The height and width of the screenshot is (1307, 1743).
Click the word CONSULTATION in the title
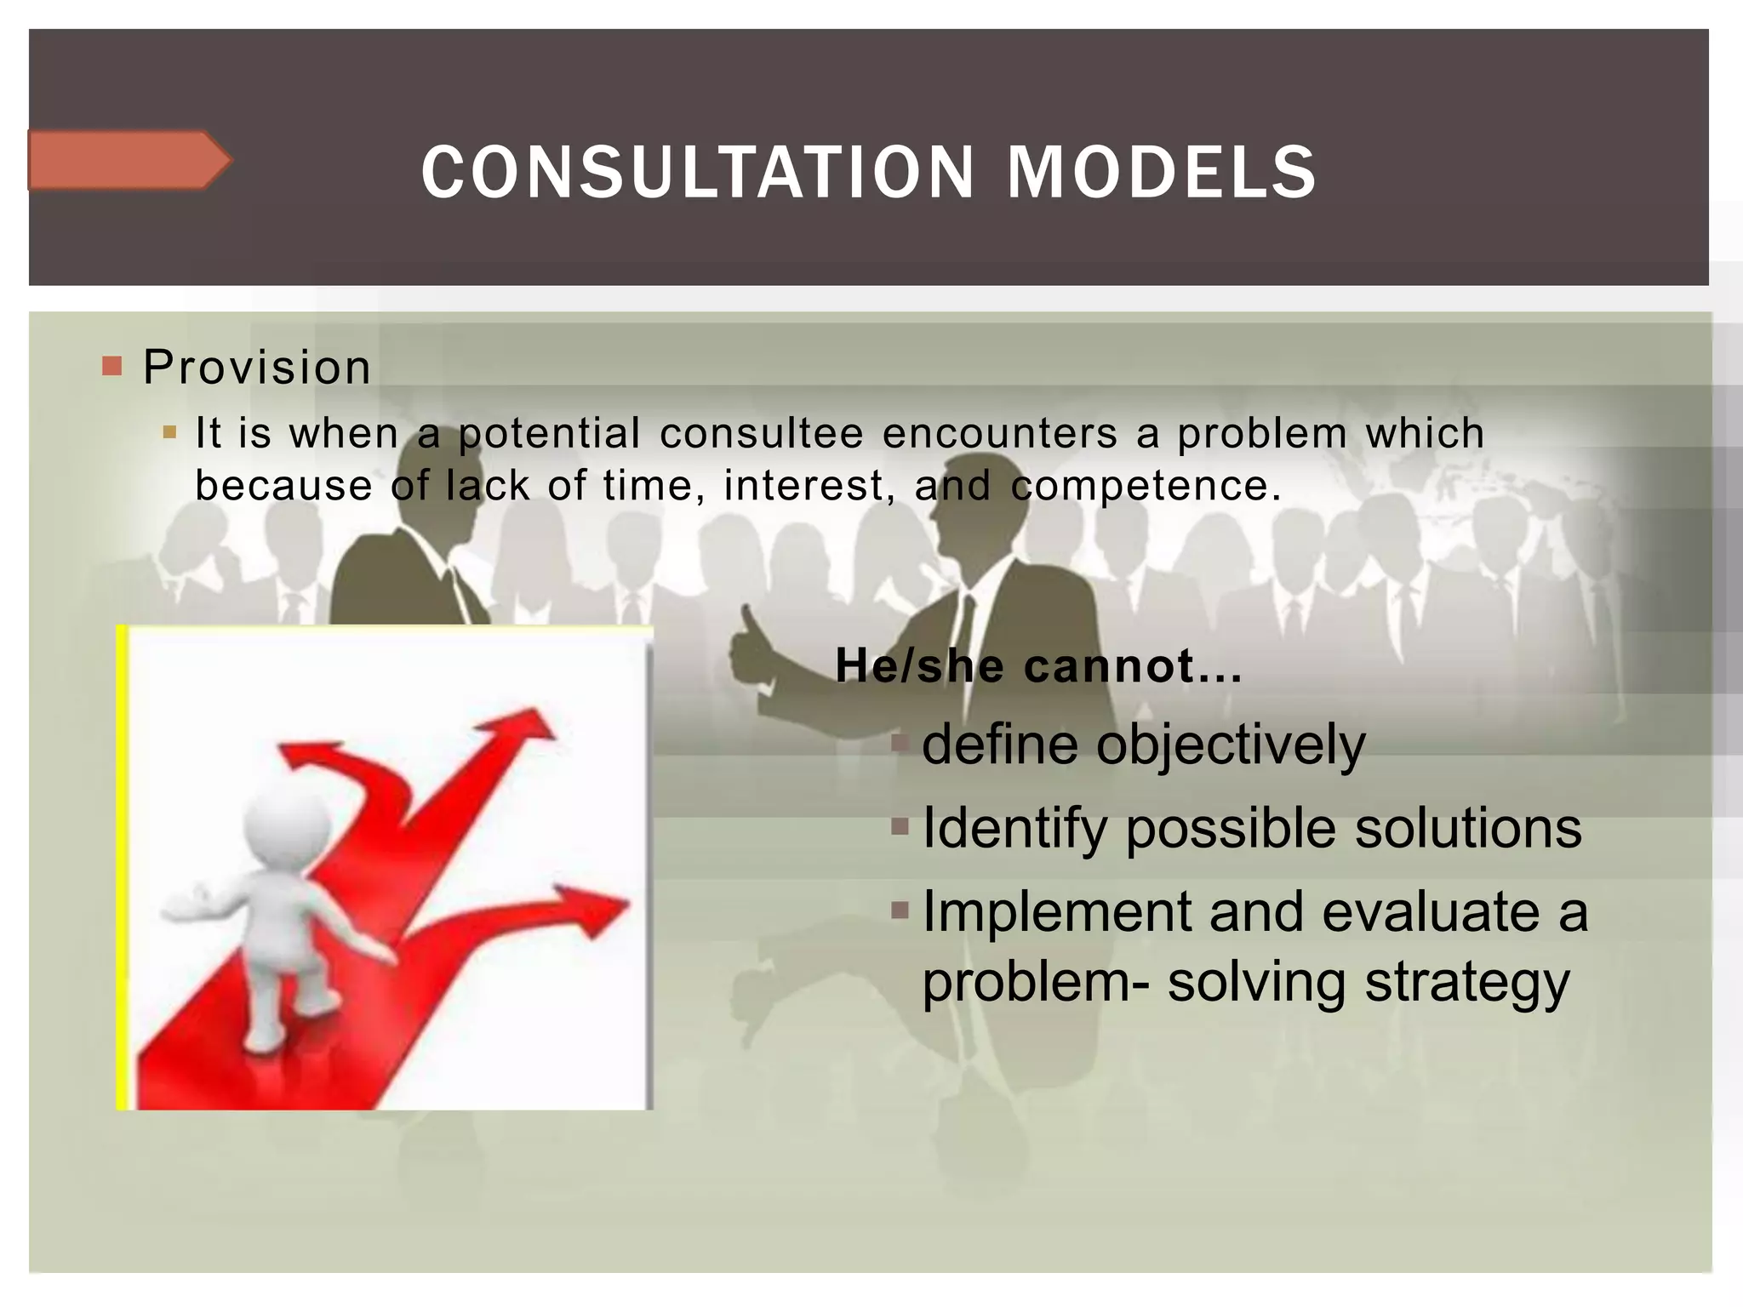697,173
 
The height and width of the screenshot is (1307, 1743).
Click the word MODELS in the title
1162,173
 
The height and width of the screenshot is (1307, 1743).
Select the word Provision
256,368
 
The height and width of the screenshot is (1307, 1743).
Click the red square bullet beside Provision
111,366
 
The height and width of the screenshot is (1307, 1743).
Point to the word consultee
761,433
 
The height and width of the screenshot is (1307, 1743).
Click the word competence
1145,486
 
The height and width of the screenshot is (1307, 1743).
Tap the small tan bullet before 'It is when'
169,432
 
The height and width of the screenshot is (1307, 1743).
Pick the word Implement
1057,912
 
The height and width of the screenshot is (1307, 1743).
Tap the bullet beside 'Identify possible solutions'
900,826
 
